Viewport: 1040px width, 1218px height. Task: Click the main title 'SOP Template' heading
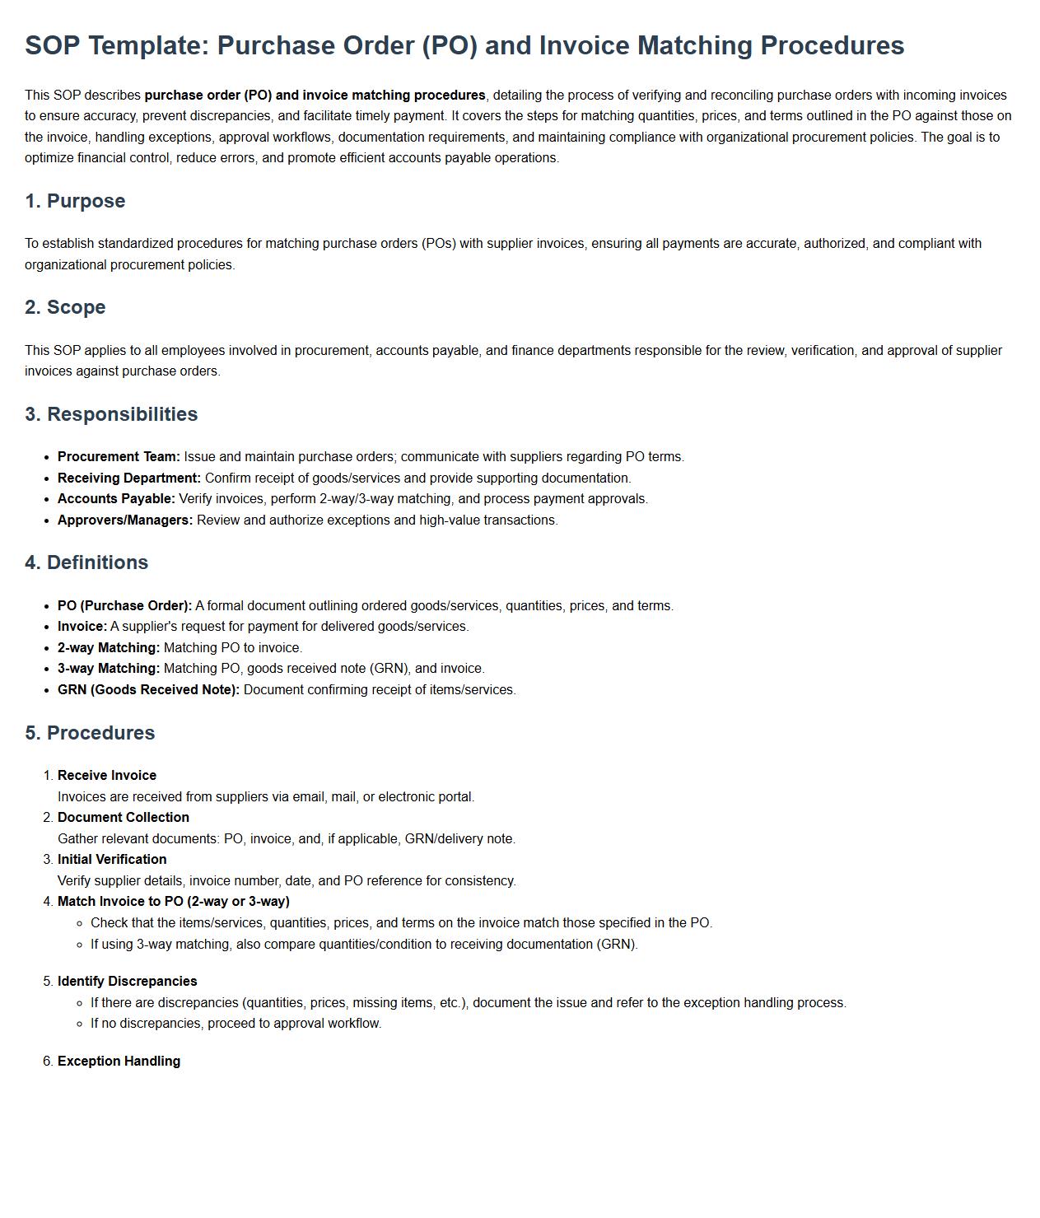[464, 45]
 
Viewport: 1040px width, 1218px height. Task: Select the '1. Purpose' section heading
[75, 201]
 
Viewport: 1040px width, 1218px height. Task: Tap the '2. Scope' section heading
[65, 307]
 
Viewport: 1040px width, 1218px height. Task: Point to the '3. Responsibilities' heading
[111, 414]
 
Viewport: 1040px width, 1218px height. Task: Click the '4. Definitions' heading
[86, 562]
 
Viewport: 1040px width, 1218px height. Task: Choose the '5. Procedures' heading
[90, 733]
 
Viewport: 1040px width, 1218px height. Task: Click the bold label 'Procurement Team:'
[119, 457]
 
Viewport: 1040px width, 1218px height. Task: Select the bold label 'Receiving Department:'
[129, 478]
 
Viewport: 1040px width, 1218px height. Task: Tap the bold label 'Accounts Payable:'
[116, 499]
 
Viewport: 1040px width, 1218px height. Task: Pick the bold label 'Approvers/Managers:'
[125, 520]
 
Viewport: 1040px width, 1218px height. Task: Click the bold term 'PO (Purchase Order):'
[124, 606]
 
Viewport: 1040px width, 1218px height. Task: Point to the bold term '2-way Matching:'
[109, 648]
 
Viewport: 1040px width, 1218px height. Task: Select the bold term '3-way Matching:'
[109, 669]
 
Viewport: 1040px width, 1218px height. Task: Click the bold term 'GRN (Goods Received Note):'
[148, 690]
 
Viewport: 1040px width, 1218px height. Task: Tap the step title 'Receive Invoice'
[107, 776]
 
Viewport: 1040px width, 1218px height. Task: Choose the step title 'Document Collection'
[124, 818]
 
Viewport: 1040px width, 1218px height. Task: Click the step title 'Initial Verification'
[112, 860]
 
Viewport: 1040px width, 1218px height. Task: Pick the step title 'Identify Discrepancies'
[128, 982]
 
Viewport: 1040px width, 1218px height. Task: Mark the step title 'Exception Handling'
[119, 1062]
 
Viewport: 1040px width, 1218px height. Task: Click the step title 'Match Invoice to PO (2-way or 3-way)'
[174, 902]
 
